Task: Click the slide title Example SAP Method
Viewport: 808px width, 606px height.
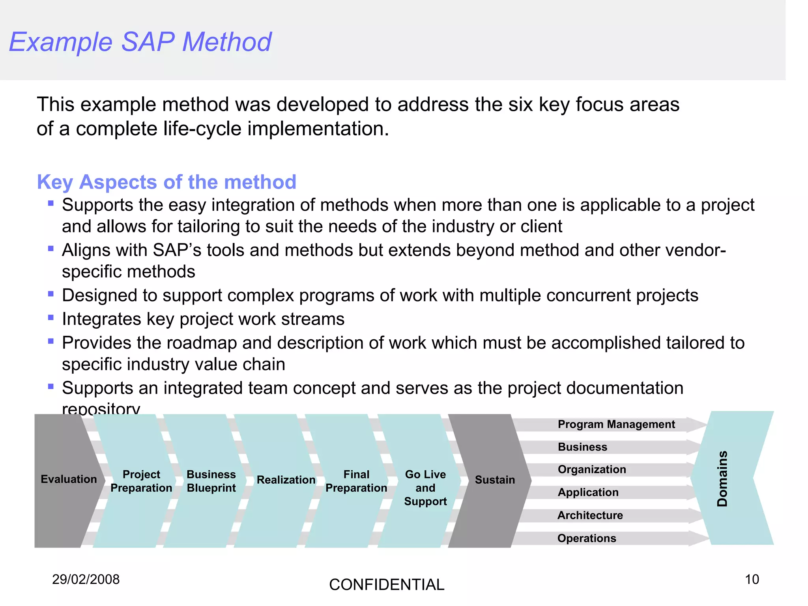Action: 140,42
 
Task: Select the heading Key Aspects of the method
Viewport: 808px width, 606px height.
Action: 166,182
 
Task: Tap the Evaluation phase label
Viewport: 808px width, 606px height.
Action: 69,479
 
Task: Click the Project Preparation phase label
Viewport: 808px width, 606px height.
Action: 141,481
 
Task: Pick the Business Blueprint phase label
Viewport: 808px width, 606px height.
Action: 211,481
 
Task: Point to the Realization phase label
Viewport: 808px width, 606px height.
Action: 286,480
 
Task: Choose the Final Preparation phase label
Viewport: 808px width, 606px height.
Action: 356,481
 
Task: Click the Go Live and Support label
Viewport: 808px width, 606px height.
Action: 425,488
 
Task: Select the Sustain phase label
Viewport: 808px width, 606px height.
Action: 495,480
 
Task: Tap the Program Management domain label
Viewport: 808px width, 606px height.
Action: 616,424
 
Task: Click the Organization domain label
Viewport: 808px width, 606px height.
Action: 592,469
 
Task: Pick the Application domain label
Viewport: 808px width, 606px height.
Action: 588,492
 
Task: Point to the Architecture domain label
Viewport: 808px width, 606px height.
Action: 590,515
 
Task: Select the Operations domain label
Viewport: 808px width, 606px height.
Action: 587,538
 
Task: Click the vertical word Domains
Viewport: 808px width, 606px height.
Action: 722,478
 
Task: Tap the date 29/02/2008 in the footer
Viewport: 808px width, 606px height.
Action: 86,579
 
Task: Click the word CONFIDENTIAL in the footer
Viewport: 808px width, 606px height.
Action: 387,585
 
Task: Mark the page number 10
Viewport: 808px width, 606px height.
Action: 752,579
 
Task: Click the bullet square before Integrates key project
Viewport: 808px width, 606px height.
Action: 50,317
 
